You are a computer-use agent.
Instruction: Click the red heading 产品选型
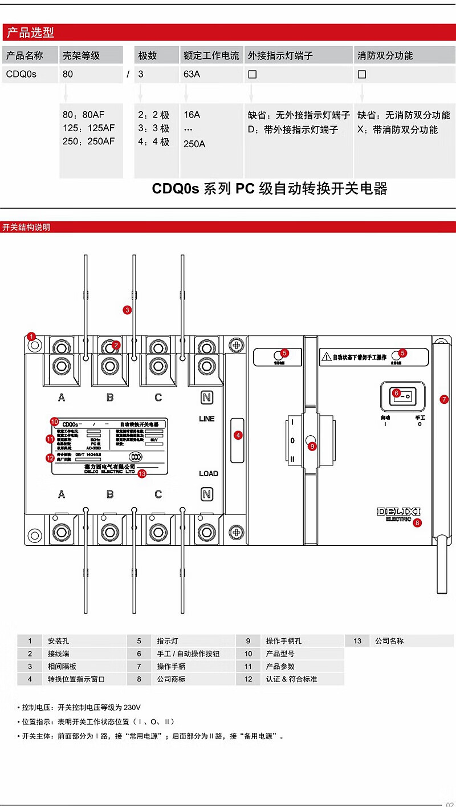(x=30, y=33)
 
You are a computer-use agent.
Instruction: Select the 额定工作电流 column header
(x=211, y=55)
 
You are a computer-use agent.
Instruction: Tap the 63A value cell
(x=192, y=74)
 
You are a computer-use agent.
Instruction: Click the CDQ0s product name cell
(x=21, y=74)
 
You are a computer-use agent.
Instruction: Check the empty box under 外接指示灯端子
(x=253, y=74)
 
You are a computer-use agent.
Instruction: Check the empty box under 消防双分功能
(x=362, y=74)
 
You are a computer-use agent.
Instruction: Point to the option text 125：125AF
(x=88, y=128)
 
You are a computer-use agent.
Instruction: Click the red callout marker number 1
(x=32, y=336)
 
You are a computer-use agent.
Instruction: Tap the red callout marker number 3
(x=128, y=310)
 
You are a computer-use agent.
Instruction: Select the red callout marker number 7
(x=445, y=399)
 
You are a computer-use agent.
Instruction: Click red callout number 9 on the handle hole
(x=312, y=447)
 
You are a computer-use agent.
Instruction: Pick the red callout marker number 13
(x=142, y=473)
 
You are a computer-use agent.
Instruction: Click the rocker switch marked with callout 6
(x=402, y=394)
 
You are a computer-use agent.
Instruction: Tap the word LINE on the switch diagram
(x=207, y=419)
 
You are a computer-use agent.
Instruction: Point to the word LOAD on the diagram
(x=208, y=473)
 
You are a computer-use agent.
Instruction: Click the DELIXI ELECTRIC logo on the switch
(x=397, y=514)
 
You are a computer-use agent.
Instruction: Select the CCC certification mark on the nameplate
(x=135, y=456)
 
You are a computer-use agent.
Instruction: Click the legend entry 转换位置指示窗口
(x=76, y=679)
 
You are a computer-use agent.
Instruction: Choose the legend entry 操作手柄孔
(x=284, y=641)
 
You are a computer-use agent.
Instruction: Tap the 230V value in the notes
(x=131, y=707)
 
